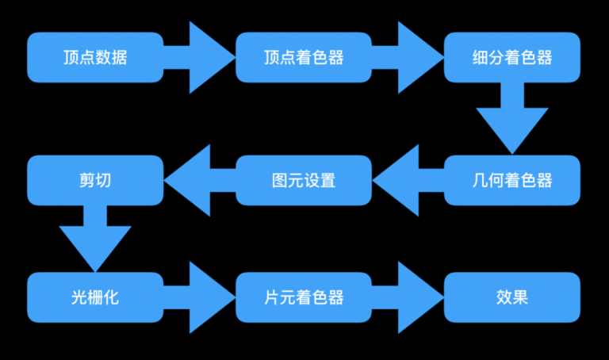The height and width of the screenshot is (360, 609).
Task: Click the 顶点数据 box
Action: (95, 57)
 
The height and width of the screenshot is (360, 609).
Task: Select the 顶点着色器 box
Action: (304, 57)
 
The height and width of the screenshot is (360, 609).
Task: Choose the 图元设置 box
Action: (304, 180)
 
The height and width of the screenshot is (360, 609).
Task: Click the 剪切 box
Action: (95, 180)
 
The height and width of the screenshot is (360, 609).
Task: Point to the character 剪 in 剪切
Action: (86, 180)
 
